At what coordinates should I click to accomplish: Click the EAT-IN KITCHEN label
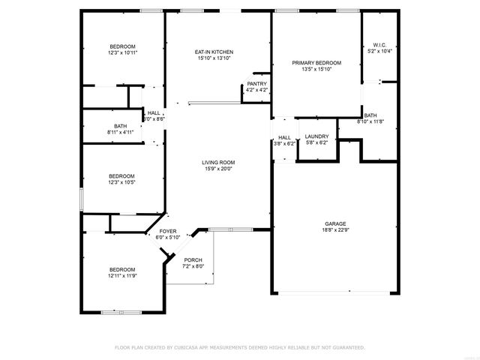[x=214, y=51]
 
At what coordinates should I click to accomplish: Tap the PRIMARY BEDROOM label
[x=316, y=63]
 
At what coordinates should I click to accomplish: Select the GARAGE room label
[x=335, y=223]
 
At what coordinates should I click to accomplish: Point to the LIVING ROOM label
[x=218, y=162]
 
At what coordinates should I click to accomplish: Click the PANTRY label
[x=257, y=84]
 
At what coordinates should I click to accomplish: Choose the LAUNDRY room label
[x=316, y=136]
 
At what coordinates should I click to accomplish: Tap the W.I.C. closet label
[x=379, y=45]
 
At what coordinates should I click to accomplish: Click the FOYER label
[x=168, y=231]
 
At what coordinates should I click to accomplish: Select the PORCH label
[x=193, y=259]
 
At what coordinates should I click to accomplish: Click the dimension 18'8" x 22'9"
[x=335, y=230]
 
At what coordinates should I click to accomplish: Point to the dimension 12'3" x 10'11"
[x=123, y=52]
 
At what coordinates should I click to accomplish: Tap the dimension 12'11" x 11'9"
[x=122, y=275]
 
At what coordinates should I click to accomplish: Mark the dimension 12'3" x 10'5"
[x=122, y=182]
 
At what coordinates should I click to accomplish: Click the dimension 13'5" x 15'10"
[x=316, y=70]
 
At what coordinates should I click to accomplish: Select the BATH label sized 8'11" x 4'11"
[x=120, y=126]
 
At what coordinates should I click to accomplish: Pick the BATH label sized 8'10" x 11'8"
[x=370, y=115]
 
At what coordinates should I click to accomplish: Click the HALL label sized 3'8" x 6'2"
[x=284, y=137]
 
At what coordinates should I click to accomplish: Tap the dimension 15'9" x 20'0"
[x=218, y=169]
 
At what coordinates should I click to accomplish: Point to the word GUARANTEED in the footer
[x=348, y=347]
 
